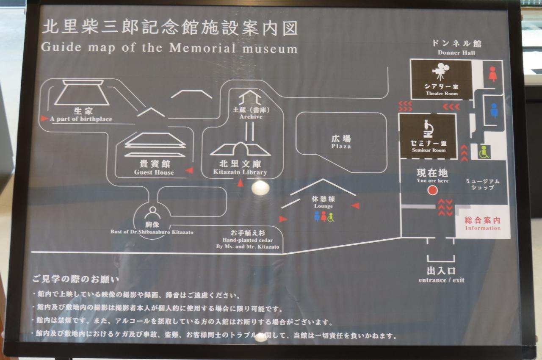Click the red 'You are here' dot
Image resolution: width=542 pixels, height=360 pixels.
click(432, 190)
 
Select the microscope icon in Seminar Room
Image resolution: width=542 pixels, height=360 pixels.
click(428, 129)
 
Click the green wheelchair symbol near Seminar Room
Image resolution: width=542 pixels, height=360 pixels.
click(484, 152)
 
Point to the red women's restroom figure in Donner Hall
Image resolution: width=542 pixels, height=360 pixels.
click(492, 74)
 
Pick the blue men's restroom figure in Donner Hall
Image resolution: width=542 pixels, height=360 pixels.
click(494, 110)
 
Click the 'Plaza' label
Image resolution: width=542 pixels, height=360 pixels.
click(341, 147)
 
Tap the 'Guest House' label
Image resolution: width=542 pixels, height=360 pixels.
click(154, 172)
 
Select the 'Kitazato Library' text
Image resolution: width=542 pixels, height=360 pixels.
click(240, 172)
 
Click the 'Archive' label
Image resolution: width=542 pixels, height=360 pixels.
click(251, 116)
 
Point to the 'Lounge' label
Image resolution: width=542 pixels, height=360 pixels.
click(324, 206)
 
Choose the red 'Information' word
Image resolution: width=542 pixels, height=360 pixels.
click(483, 228)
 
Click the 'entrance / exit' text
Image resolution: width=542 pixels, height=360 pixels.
click(441, 280)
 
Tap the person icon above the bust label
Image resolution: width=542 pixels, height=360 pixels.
click(152, 213)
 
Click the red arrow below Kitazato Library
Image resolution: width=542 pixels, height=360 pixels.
click(240, 183)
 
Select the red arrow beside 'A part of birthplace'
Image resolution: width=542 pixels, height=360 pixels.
click(44, 119)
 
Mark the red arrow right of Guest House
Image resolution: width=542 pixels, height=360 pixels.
click(189, 171)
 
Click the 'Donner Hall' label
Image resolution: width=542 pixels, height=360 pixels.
click(456, 53)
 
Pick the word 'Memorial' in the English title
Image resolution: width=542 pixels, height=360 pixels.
click(202, 48)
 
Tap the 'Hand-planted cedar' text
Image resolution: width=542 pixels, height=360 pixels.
click(248, 240)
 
